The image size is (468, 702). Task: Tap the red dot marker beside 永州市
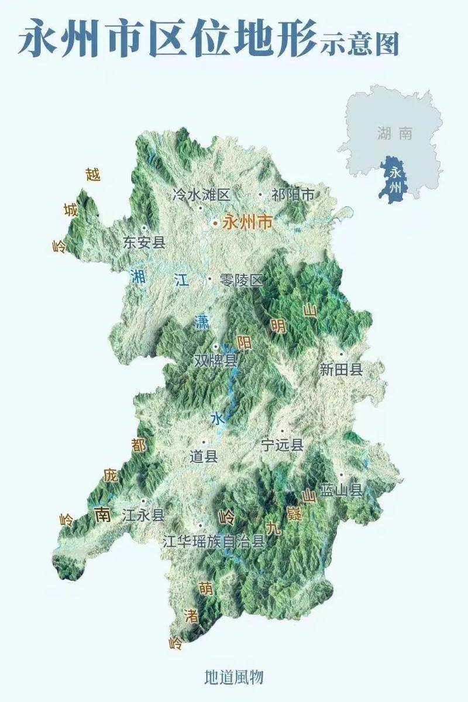(x=215, y=223)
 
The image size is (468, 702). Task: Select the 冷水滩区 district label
(x=202, y=195)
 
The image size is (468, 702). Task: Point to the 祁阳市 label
(x=293, y=195)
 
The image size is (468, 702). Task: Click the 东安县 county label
(x=144, y=243)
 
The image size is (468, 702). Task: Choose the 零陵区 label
(x=242, y=280)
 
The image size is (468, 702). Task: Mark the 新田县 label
(x=341, y=369)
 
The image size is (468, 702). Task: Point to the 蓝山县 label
(x=341, y=490)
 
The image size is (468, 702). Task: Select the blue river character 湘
(x=138, y=276)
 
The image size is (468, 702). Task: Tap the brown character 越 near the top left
(x=93, y=174)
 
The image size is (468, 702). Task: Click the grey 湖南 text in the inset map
(x=395, y=133)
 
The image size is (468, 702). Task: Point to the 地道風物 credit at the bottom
(x=234, y=677)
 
